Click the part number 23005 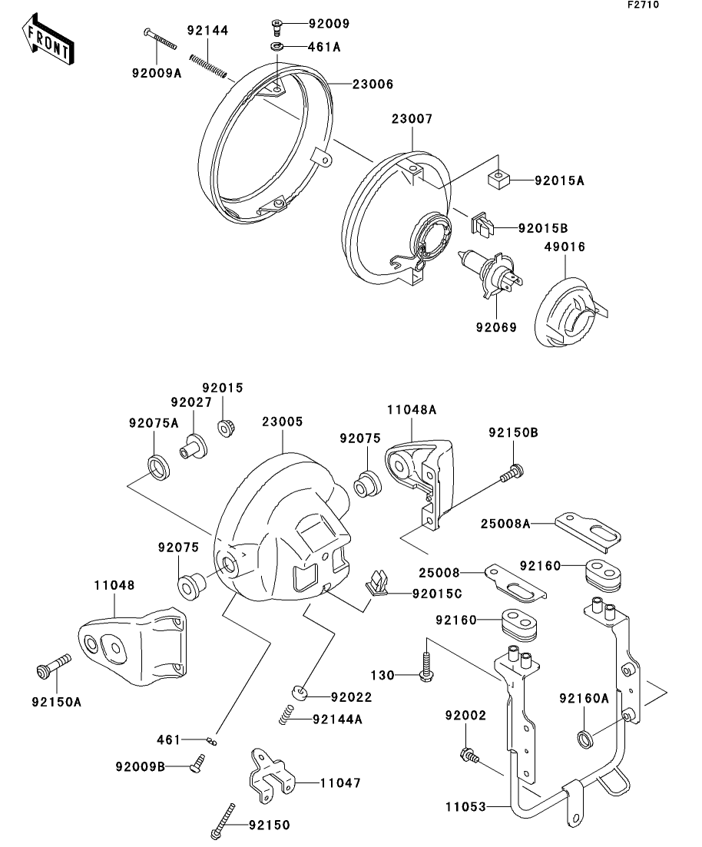tap(282, 422)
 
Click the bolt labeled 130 tap(425, 665)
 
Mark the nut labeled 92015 tap(226, 428)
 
